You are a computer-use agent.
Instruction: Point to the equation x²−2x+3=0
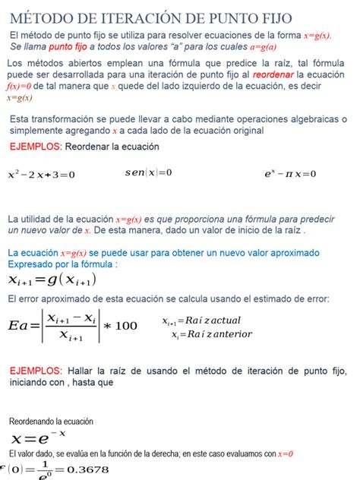point(42,174)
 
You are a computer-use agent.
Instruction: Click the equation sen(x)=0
point(149,172)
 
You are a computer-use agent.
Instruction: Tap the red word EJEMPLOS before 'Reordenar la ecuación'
point(36,146)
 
